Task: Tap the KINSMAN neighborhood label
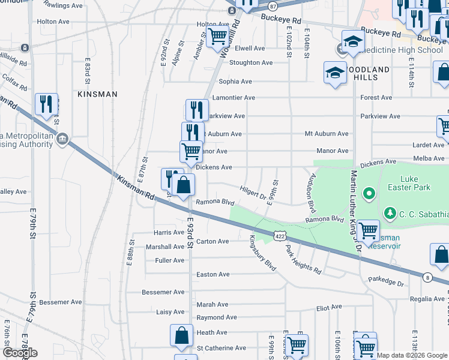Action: point(97,94)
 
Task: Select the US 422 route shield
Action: point(280,237)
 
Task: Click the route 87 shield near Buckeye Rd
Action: point(273,6)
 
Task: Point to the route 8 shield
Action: point(427,277)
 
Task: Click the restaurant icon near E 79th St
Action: point(46,104)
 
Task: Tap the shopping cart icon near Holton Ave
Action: point(217,35)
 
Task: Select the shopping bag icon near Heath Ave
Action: point(181,336)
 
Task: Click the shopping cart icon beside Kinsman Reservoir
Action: point(367,230)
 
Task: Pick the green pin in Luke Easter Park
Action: point(369,194)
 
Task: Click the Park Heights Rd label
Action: point(303,260)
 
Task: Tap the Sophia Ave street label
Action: point(235,81)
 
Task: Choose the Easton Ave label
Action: point(213,274)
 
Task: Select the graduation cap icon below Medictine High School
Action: point(334,73)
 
